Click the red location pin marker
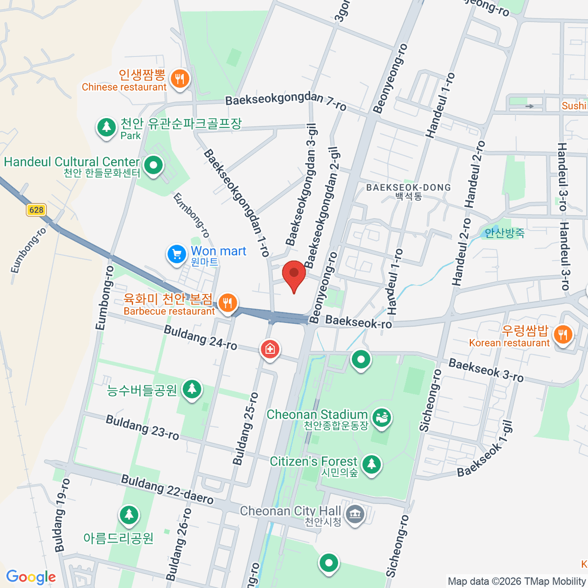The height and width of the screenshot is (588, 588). click(294, 273)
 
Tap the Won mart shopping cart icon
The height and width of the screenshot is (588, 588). click(176, 254)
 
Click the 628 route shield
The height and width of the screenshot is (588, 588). click(36, 210)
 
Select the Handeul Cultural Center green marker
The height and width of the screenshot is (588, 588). click(154, 166)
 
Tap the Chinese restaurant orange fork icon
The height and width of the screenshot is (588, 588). click(180, 78)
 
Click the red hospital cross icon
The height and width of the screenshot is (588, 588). click(269, 349)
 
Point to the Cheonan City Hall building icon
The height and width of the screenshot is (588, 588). click(354, 514)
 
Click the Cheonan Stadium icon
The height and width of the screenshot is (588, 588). click(382, 417)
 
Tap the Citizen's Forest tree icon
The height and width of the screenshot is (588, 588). click(371, 464)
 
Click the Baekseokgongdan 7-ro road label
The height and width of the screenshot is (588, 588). click(286, 101)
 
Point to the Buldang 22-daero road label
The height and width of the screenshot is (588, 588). click(167, 489)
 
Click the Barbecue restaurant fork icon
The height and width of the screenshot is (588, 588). click(227, 303)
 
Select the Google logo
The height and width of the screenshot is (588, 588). click(31, 577)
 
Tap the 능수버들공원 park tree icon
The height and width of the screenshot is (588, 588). click(192, 389)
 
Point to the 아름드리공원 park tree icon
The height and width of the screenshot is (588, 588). click(129, 514)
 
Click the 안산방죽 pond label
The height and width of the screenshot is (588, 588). click(504, 233)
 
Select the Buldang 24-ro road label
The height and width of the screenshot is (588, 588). click(200, 338)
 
